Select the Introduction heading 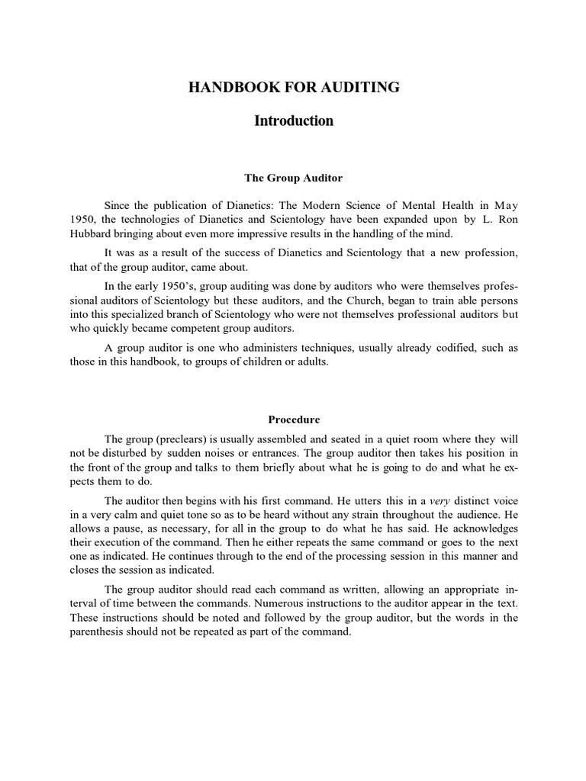pyautogui.click(x=294, y=121)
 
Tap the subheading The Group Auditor pyautogui.click(x=294, y=178)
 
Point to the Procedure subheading pyautogui.click(x=294, y=419)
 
